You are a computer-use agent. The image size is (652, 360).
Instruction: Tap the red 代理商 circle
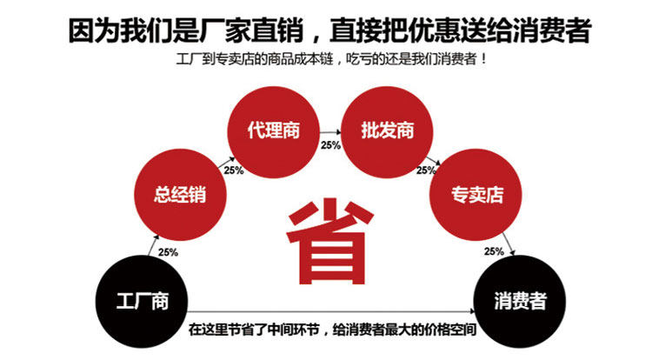(273, 131)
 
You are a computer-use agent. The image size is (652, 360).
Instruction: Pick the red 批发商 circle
(388, 131)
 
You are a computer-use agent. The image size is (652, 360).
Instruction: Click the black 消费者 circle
(520, 301)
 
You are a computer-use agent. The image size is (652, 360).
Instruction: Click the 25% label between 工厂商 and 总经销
(168, 252)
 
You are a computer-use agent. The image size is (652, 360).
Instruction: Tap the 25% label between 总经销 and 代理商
(234, 170)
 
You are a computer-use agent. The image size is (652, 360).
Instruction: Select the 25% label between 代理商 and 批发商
(330, 145)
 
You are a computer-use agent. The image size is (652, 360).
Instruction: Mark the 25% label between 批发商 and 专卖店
(426, 170)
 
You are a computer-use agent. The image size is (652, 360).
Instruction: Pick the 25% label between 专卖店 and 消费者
(494, 251)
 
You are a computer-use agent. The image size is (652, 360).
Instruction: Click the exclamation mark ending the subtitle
(482, 60)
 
